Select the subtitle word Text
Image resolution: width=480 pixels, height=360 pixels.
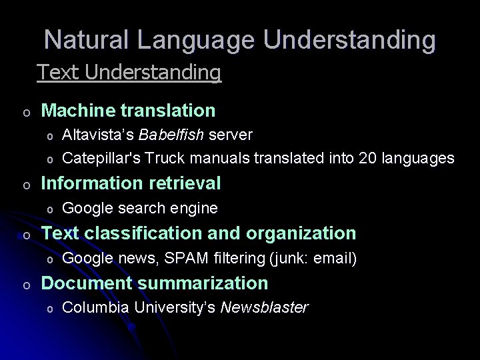(x=58, y=71)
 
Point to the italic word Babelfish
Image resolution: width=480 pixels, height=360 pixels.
(x=172, y=135)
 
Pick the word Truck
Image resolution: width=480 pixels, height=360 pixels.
(x=167, y=158)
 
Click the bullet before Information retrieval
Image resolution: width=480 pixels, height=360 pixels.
(x=25, y=184)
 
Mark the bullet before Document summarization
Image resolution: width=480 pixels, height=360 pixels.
(x=25, y=284)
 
